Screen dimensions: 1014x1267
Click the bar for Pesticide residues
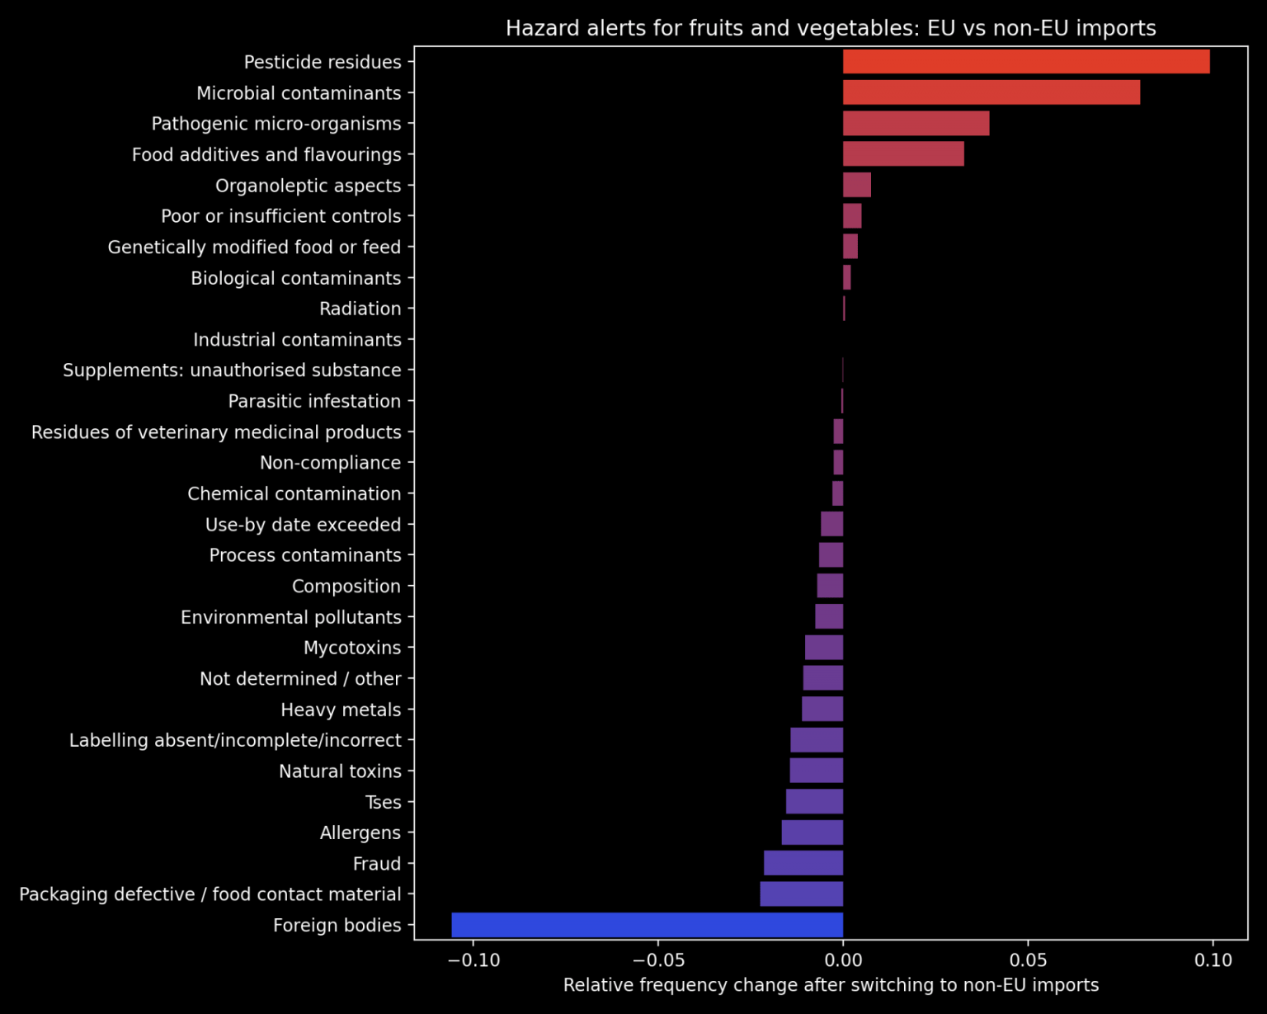1025,62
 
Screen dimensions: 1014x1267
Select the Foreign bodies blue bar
647,925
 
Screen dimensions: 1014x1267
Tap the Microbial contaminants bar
991,92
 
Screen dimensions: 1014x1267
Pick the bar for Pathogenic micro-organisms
916,124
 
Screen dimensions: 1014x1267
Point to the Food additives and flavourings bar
903,154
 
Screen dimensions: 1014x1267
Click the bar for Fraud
803,863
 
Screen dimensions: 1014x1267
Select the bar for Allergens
812,832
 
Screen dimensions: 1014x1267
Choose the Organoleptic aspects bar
856,185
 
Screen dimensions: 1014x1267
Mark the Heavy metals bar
822,709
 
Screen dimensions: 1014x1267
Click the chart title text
831,28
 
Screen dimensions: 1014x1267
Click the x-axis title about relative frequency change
831,985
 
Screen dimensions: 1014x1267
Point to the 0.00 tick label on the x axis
843,960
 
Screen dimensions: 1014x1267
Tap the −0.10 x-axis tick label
473,960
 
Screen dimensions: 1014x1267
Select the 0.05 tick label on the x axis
1028,960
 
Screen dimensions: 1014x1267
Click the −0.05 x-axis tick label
658,960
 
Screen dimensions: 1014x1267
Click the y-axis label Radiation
360,309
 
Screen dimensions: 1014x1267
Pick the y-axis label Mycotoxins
352,648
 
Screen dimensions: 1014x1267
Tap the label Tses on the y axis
383,802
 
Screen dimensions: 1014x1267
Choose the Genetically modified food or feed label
254,247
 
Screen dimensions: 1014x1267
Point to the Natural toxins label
340,771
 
